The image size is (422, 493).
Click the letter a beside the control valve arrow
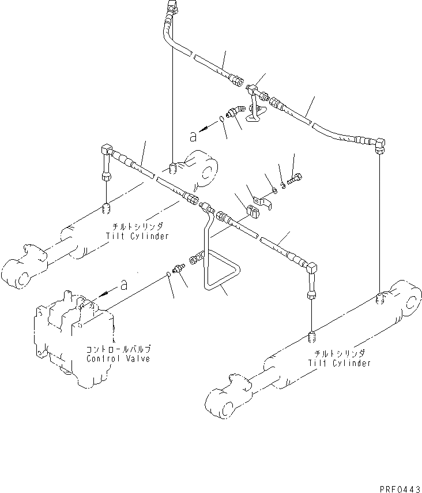(x=122, y=284)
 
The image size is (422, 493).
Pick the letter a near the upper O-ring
(x=194, y=136)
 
